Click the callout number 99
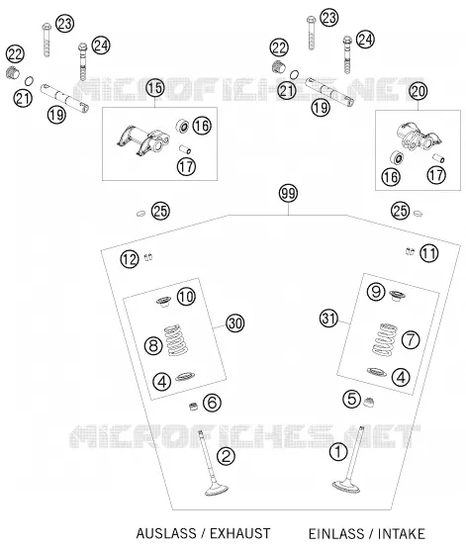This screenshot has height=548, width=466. [288, 193]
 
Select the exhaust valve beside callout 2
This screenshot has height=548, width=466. [212, 465]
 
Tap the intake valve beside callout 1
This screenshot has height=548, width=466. [349, 460]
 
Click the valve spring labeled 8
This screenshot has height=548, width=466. [176, 340]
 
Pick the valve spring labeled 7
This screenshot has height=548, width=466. [384, 339]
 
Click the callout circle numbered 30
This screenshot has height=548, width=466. [234, 323]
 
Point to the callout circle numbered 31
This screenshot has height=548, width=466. [328, 319]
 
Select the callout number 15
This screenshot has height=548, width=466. [155, 88]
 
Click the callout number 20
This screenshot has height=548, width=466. [419, 91]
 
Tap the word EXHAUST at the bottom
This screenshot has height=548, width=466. [239, 534]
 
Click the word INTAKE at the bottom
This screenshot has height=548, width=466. [401, 534]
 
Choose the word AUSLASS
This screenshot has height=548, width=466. [166, 534]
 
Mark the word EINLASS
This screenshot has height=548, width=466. [336, 534]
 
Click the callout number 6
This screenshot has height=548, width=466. [212, 403]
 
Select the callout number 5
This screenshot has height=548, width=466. [351, 399]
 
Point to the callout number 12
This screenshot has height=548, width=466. [130, 259]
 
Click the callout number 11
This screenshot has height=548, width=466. [429, 253]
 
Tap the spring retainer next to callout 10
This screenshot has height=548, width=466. [163, 302]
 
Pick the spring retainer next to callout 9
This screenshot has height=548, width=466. [397, 297]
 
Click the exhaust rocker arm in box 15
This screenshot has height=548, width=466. [142, 139]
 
